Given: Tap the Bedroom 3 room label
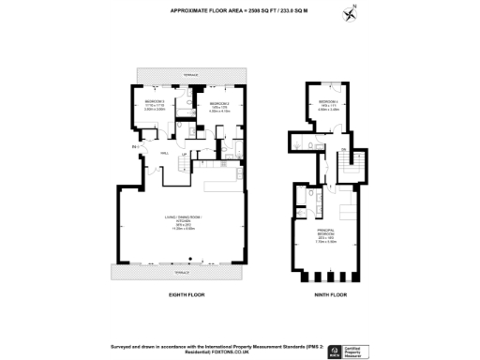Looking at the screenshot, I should coord(155,103).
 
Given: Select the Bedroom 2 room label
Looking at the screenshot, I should coord(218,104).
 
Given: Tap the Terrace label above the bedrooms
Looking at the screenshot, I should coord(188,75).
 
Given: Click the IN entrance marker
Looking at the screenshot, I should coord(135,148).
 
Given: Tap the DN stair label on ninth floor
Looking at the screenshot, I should coord(343,152).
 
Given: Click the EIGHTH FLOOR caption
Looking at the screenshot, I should coord(187,295).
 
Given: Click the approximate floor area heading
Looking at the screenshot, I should coord(240,12).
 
